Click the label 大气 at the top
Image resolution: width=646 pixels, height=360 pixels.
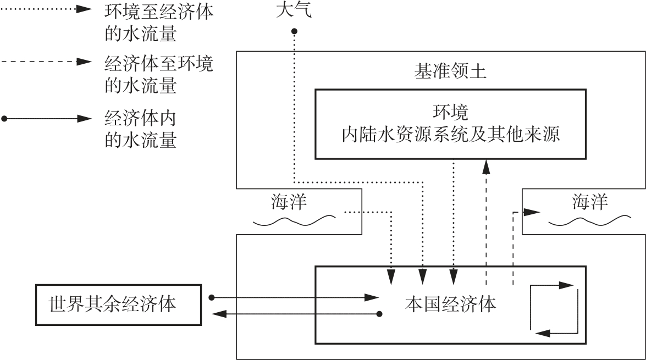click(x=293, y=11)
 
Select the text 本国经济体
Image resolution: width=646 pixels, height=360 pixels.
click(x=450, y=304)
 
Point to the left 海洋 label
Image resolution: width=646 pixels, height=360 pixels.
click(x=289, y=202)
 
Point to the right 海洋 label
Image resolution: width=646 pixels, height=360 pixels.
click(x=590, y=202)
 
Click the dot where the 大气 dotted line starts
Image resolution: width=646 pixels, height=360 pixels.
click(x=295, y=31)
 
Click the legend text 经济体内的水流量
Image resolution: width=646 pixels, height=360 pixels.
click(x=140, y=130)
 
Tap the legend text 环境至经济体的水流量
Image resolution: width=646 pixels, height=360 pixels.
click(x=158, y=24)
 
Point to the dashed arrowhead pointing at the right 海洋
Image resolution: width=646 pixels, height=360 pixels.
click(x=530, y=212)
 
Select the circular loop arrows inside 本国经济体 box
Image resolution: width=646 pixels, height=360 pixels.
click(x=554, y=309)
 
